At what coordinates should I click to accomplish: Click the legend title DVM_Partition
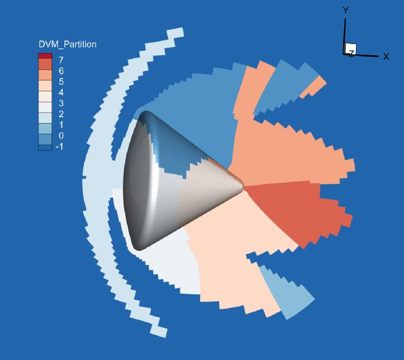point(68,44)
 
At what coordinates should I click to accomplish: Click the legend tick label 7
point(61,60)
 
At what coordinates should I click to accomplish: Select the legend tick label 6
point(61,71)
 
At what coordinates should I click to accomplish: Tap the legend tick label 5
point(61,82)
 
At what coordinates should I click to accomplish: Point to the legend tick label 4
point(61,93)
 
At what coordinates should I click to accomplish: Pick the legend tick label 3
point(61,103)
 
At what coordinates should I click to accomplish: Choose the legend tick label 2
point(61,114)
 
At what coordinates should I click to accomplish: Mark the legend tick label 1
point(61,125)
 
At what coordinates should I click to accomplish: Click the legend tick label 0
point(61,136)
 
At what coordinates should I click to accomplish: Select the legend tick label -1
point(60,146)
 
